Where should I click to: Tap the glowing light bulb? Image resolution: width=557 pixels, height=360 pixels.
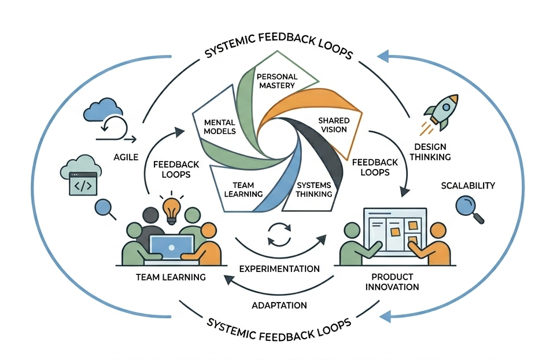(x=171, y=209)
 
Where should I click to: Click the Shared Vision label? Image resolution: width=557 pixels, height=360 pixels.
(x=333, y=124)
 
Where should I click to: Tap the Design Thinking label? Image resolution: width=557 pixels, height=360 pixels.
(x=433, y=151)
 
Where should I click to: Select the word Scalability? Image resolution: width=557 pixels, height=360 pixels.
(x=467, y=186)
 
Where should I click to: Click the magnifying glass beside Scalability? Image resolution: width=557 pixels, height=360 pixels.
(x=469, y=209)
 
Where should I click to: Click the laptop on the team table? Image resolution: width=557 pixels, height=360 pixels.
(x=172, y=245)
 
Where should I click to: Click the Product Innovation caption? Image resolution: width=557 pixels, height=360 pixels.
(x=395, y=282)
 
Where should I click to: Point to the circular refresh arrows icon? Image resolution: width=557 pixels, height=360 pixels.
(x=279, y=234)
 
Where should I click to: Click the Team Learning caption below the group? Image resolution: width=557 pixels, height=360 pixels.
(x=170, y=277)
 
